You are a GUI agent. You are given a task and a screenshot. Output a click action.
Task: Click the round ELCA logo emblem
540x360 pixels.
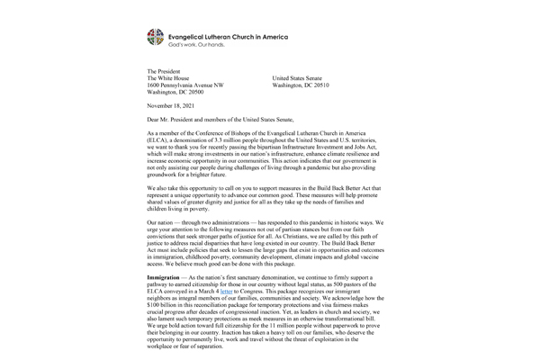coord(157,37)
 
